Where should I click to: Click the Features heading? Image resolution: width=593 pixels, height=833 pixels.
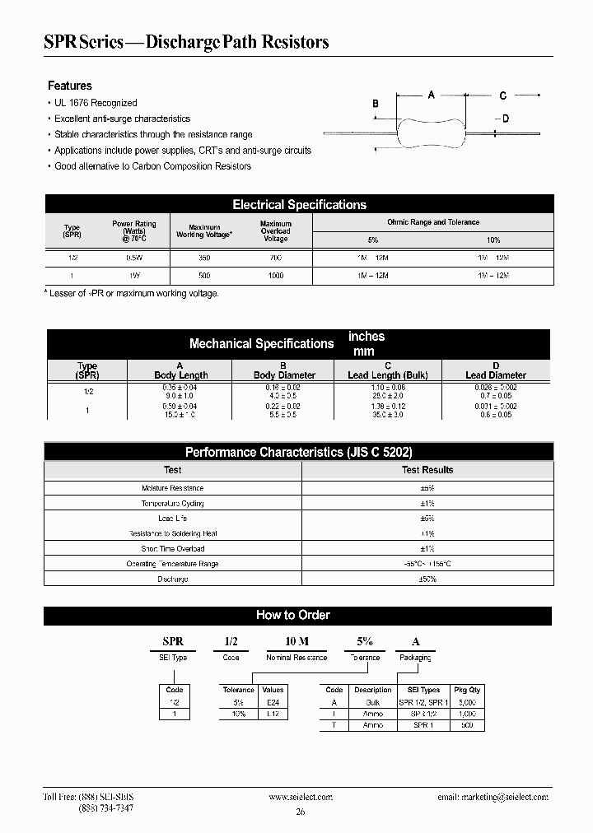tap(70, 86)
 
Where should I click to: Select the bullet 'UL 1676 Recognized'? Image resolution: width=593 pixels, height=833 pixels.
tap(96, 103)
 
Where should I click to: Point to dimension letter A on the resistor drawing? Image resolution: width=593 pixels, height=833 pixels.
tap(431, 95)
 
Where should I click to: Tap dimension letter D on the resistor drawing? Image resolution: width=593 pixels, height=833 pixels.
tap(506, 119)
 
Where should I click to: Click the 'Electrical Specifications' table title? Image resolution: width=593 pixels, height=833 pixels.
tap(299, 205)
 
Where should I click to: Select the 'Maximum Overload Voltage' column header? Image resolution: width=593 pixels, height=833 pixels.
tap(275, 231)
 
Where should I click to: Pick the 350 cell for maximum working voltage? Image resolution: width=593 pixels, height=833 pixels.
tap(204, 258)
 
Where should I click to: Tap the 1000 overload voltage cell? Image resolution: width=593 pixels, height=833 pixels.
tap(275, 277)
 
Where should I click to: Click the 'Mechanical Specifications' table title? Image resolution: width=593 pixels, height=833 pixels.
tap(261, 343)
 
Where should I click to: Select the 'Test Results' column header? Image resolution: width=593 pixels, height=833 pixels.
tap(427, 470)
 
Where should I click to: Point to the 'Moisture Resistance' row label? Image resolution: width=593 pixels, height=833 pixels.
tap(172, 488)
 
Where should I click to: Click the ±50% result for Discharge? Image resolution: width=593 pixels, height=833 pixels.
tap(427, 579)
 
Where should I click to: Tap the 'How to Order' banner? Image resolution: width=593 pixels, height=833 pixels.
tap(293, 615)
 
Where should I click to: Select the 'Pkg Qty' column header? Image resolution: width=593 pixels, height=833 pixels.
tap(466, 690)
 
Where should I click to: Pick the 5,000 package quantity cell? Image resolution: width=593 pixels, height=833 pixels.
tap(466, 702)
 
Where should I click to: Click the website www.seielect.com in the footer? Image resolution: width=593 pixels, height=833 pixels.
tap(301, 797)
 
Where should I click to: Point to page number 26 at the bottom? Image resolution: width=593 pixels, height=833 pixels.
tap(299, 812)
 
